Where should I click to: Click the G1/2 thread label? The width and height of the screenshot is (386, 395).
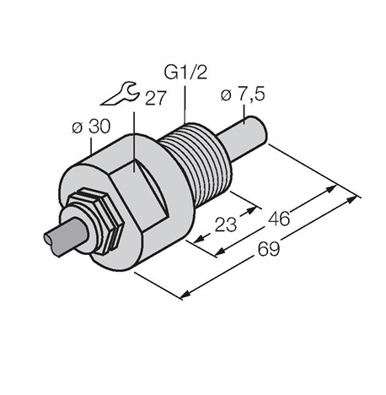(x=185, y=72)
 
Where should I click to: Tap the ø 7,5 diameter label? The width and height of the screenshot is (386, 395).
(x=243, y=95)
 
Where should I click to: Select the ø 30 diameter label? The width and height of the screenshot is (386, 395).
(x=91, y=127)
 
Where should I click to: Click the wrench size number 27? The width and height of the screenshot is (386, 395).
(x=156, y=98)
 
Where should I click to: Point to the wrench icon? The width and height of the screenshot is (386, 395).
(x=120, y=94)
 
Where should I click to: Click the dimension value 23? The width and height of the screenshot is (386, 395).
(x=226, y=225)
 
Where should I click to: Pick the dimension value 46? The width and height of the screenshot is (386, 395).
(x=279, y=219)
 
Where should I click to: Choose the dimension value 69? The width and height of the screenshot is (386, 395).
(x=269, y=249)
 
